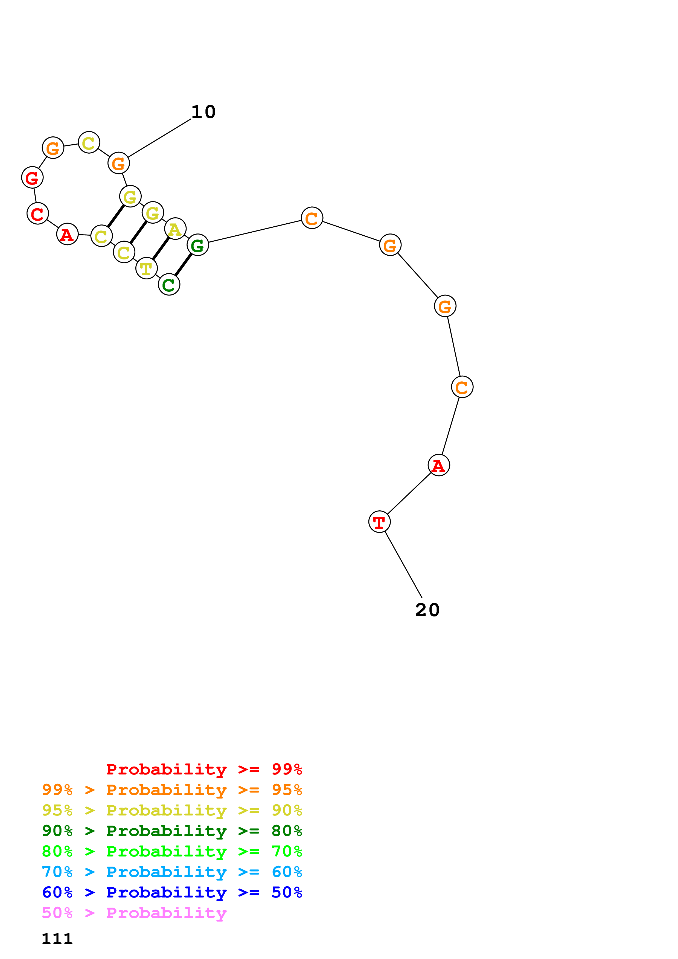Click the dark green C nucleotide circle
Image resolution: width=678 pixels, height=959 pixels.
[169, 284]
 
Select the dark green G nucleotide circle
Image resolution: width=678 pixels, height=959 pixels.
[197, 245]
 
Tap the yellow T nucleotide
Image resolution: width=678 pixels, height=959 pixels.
[146, 268]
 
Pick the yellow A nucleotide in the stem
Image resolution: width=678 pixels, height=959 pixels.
[175, 229]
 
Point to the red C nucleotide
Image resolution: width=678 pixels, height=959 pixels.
[37, 214]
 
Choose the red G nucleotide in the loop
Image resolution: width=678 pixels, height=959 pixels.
[32, 177]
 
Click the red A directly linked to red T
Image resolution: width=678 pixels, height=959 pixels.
[439, 465]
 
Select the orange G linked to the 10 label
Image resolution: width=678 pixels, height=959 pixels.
[119, 163]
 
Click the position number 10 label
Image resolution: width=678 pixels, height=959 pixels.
[203, 112]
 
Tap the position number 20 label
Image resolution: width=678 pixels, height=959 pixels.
[427, 610]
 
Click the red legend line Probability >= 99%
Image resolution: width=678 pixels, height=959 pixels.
[204, 769]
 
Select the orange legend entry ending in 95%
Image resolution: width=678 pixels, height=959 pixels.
[172, 790]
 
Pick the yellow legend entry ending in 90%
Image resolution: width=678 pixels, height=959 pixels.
[172, 810]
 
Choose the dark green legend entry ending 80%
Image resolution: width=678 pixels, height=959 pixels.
[172, 831]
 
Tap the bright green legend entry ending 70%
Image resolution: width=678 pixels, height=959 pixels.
[172, 851]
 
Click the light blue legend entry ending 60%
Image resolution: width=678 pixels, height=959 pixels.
[172, 872]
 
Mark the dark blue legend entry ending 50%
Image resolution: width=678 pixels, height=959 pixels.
[172, 892]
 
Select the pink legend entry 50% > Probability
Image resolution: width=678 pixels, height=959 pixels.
[134, 913]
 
